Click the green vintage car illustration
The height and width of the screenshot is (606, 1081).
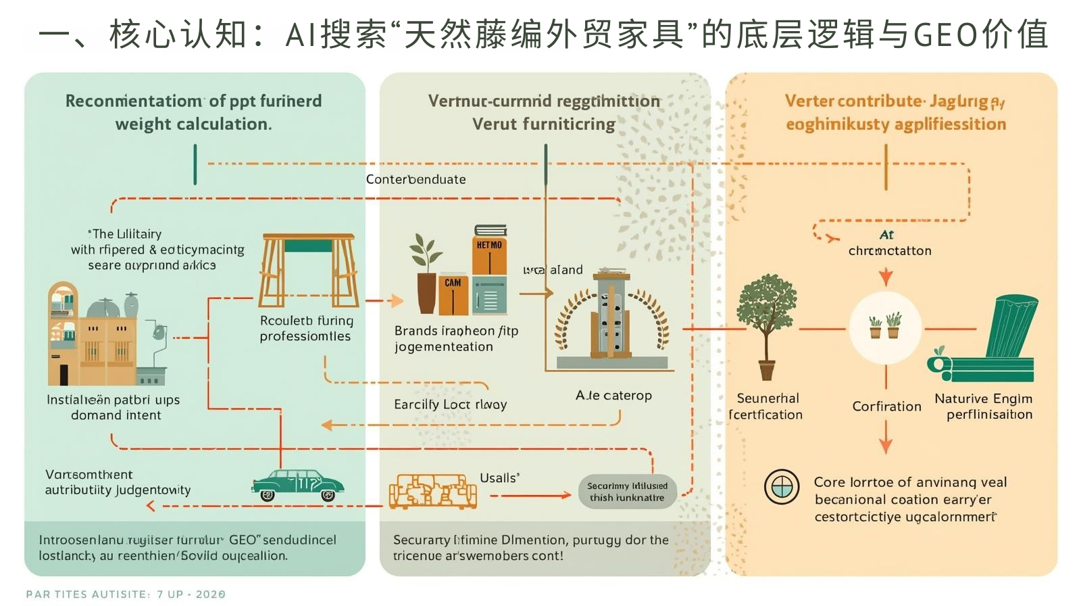[x=298, y=485]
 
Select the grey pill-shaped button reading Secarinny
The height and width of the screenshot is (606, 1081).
[x=627, y=492]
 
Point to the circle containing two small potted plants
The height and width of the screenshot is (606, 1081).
[x=885, y=328]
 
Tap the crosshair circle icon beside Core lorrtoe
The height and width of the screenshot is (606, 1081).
[x=782, y=486]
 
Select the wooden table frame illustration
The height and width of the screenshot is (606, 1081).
[x=308, y=271]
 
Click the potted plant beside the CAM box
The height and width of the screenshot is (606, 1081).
[x=426, y=274]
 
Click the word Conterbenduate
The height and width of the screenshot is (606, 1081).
[x=416, y=179]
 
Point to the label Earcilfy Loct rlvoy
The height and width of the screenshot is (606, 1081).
[x=450, y=404]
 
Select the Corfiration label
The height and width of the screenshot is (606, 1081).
[x=886, y=406]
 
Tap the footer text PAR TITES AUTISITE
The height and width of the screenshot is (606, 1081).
[x=88, y=594]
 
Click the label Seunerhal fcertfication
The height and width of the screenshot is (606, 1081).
[x=766, y=406]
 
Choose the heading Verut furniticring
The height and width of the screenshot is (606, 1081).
[x=543, y=124]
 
